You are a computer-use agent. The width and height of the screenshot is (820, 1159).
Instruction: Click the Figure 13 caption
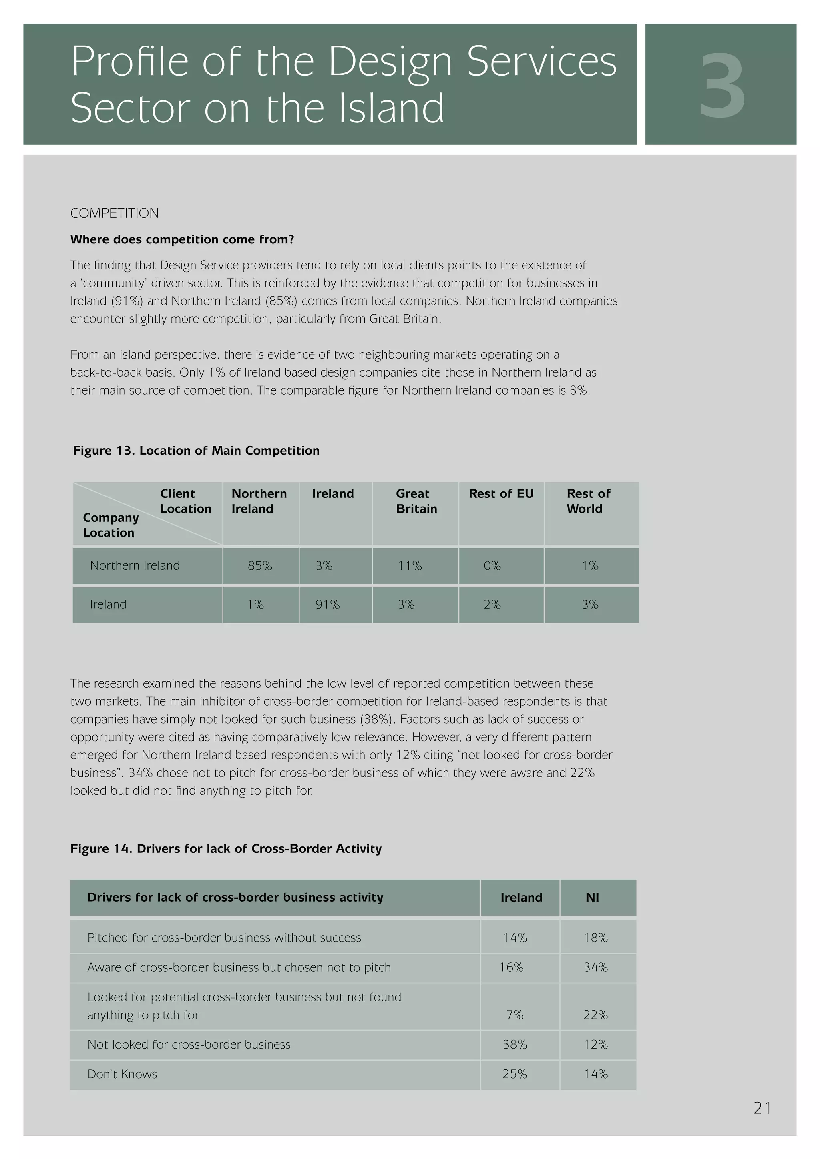click(196, 450)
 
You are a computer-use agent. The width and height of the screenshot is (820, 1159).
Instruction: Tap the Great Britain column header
click(416, 501)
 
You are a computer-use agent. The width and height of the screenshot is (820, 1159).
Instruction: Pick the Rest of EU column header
click(501, 494)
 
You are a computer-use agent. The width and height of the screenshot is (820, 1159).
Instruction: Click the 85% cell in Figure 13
click(259, 566)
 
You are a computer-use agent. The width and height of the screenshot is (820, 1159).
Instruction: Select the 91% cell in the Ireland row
click(327, 604)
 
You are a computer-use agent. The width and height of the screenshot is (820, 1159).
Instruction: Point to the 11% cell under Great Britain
click(410, 566)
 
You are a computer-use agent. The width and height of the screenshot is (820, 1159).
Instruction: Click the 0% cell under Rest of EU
click(492, 566)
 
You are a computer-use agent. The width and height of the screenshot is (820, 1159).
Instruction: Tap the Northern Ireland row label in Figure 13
click(135, 566)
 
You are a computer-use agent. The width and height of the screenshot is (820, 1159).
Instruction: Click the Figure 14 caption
click(226, 848)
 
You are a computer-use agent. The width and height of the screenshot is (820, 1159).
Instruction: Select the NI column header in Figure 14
click(592, 898)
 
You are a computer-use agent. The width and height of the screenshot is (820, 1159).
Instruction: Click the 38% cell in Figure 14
click(515, 1045)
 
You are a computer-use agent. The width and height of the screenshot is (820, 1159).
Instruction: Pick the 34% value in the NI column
click(595, 967)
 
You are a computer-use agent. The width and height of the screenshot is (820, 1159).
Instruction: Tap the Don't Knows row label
click(122, 1074)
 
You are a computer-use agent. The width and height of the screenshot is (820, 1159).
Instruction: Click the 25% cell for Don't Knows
click(515, 1074)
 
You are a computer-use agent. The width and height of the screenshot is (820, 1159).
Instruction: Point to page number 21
click(762, 1108)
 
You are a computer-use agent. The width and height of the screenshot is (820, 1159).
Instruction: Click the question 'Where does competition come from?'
click(182, 239)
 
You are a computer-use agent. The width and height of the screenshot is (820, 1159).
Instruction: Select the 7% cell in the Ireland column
click(515, 1015)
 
